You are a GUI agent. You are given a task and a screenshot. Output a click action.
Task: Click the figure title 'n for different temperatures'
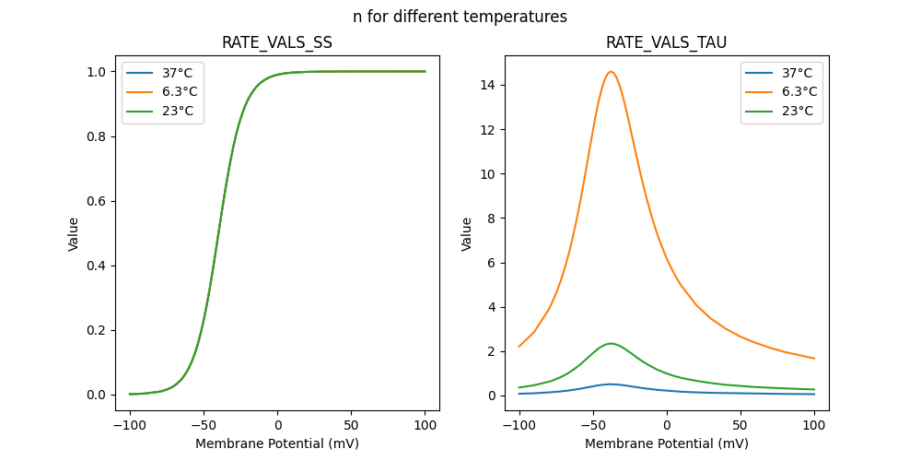(460, 17)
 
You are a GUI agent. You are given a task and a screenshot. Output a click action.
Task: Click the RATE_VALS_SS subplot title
(277, 43)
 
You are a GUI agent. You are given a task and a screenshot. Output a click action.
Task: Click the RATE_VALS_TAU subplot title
(666, 43)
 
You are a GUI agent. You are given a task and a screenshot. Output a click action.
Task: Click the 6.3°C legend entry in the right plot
(798, 92)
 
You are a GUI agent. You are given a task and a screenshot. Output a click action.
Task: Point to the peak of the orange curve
(611, 72)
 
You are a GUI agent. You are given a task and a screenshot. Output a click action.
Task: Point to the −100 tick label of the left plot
(130, 426)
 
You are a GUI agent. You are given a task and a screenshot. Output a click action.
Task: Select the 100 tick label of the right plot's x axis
(814, 426)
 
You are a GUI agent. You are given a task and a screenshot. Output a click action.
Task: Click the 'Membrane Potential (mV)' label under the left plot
(277, 443)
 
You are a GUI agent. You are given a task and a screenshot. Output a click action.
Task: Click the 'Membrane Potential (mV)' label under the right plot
(666, 443)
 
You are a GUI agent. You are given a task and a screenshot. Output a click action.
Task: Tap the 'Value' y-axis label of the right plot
(467, 234)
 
